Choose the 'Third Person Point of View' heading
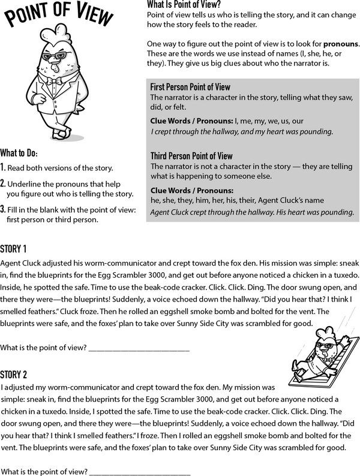[191, 156]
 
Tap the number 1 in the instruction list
[4, 167]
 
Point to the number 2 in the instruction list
[4, 183]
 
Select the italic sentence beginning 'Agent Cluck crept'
[251, 212]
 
